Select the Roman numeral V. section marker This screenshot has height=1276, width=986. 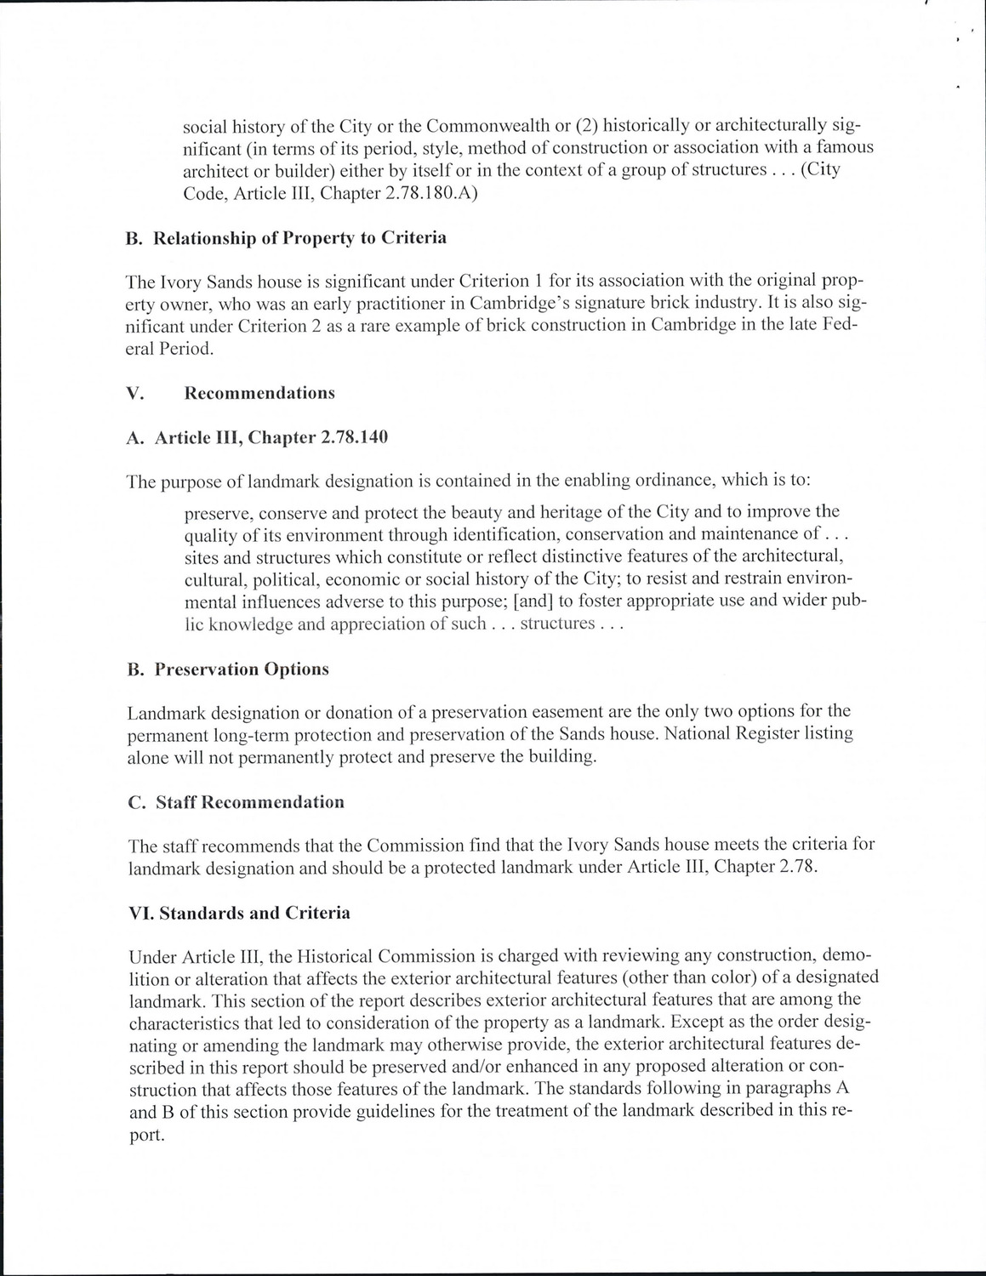[133, 393]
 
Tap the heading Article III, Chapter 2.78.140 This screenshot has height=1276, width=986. [257, 437]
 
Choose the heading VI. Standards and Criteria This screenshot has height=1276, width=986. [239, 913]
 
